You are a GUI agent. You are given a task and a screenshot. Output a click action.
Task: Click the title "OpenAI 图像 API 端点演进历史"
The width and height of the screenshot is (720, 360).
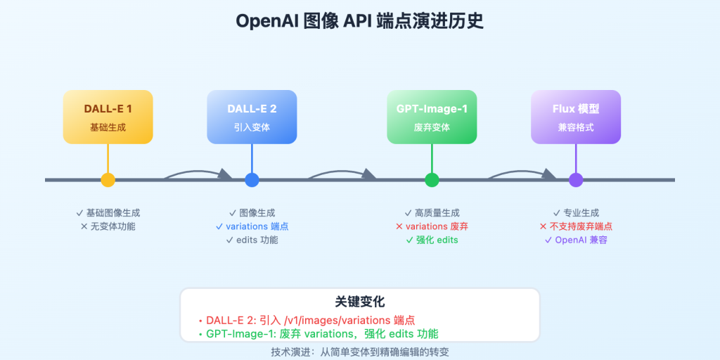tap(359, 22)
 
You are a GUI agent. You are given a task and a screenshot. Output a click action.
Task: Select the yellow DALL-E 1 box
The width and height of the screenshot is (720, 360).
tap(108, 117)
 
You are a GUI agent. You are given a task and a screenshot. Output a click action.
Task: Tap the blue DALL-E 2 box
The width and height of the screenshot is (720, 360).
tap(252, 117)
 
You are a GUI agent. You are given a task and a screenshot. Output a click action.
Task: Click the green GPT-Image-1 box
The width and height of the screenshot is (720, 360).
tap(432, 117)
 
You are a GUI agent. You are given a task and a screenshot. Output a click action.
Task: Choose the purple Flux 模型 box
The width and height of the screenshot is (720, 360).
tap(576, 117)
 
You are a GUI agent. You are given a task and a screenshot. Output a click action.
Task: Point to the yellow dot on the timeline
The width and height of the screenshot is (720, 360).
tap(108, 180)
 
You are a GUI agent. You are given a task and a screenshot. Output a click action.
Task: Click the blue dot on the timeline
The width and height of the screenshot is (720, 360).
tap(252, 180)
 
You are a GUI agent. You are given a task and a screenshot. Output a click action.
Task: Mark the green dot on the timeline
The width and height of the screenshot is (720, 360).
tap(432, 180)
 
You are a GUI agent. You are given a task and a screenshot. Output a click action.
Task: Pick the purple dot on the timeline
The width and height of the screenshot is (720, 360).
tap(576, 180)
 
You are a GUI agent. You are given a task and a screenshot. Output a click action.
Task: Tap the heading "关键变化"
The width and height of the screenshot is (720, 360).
tap(359, 302)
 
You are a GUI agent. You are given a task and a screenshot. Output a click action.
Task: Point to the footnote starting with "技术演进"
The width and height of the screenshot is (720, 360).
tap(359, 351)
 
